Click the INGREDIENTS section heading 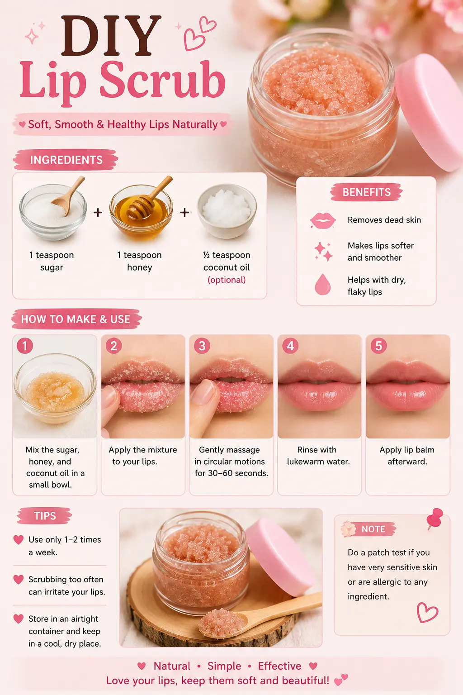pos(66,160)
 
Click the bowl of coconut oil pos(227,211)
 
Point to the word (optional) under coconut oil pos(227,280)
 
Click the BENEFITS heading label pos(366,192)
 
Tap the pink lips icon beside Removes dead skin pos(322,221)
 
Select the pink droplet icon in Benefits pos(322,284)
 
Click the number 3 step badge pos(202,346)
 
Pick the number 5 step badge pos(378,346)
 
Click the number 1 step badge pos(25,346)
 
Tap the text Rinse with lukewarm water pos(318,456)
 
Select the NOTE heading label pos(373,529)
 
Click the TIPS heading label pos(45,516)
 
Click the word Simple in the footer pos(224,666)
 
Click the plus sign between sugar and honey pos(98,213)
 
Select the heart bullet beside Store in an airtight pos(19,619)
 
